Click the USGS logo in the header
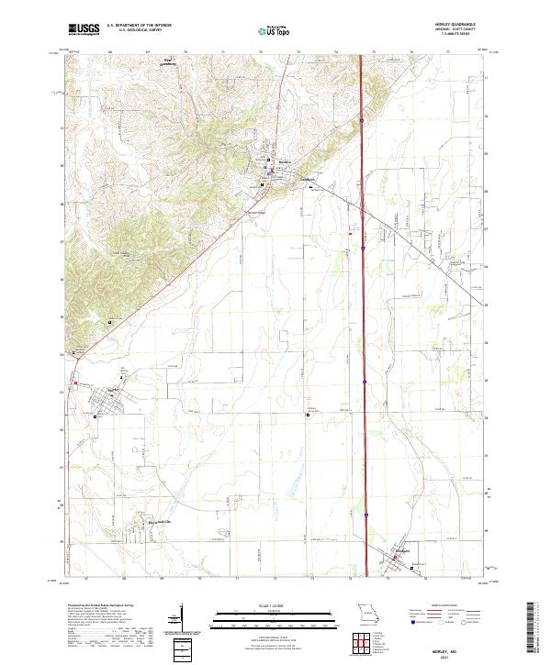[84, 30]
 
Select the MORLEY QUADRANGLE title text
[461, 25]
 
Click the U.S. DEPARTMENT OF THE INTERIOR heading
[139, 26]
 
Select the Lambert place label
[308, 179]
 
